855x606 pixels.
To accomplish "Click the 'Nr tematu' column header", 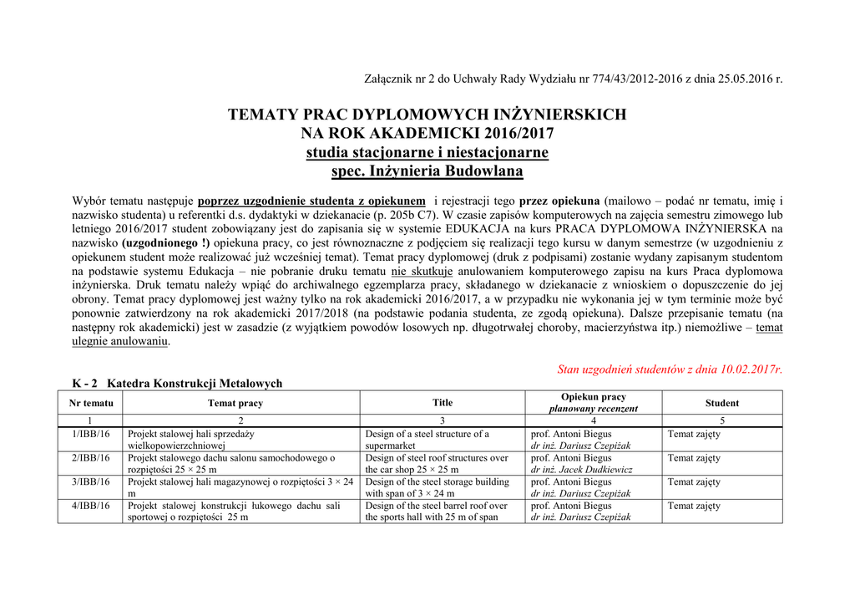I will coord(91,403).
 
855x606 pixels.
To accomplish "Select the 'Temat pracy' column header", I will coord(235,403).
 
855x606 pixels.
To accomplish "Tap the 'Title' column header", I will coord(443,403).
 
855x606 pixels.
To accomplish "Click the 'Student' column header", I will coord(721,403).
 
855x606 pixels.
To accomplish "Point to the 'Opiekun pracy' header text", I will coord(594,397).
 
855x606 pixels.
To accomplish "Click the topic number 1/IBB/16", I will coord(91,435).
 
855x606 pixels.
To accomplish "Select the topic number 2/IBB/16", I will coord(91,458).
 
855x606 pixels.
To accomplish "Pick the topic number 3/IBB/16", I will coord(91,482).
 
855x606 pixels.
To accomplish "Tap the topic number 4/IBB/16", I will coord(91,506).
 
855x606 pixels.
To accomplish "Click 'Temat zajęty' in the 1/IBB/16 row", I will coord(694,435).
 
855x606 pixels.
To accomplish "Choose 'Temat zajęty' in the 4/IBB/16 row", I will coord(694,506).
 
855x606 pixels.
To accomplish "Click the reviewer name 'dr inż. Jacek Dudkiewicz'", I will coord(582,470).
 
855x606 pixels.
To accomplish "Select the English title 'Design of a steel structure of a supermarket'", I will coord(427,440).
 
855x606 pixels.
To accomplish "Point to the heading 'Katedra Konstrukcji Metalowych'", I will coord(195,384).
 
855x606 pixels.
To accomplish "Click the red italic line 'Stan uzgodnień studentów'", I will coord(670,369).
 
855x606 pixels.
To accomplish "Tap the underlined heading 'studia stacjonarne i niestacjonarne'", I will coord(427,153).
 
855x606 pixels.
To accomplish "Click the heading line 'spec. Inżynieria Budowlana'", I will coord(427,171).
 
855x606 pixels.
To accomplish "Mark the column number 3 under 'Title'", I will coord(443,420).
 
